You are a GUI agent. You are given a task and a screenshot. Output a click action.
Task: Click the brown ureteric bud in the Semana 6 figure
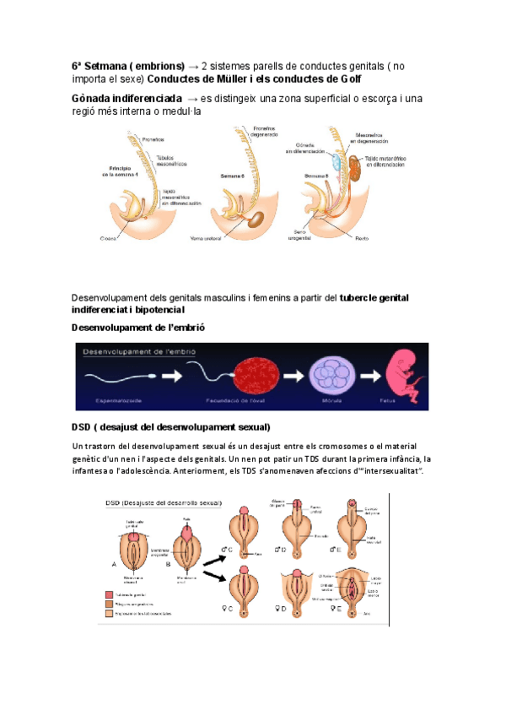point(255,220)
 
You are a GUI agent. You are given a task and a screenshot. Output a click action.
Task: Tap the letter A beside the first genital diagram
point(115,563)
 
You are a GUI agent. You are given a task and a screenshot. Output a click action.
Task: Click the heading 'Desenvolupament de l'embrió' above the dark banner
point(139,327)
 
